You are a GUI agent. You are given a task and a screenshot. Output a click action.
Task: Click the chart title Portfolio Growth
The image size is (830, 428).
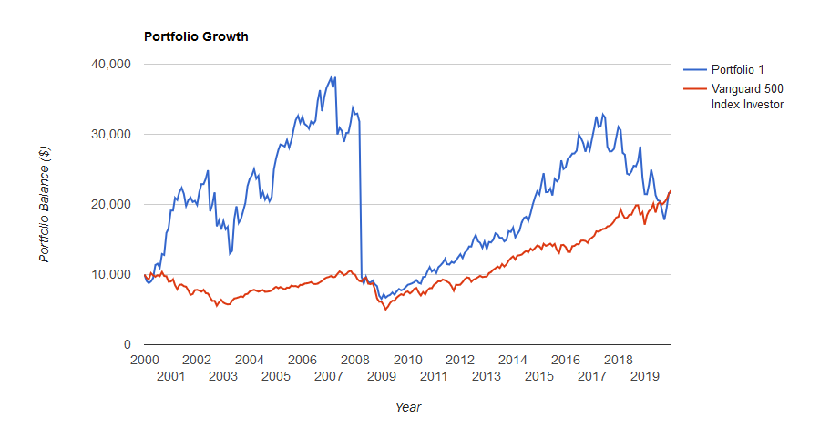point(196,37)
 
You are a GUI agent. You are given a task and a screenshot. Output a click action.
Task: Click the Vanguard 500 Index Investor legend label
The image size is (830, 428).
point(747,97)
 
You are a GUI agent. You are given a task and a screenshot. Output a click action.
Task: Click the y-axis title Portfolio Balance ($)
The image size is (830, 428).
point(45,205)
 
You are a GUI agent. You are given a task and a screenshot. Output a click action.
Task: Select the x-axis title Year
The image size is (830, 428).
point(407,407)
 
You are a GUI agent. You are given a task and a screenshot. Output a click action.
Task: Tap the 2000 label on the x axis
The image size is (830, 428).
point(144,360)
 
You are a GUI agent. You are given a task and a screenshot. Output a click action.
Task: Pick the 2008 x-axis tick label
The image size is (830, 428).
point(355,360)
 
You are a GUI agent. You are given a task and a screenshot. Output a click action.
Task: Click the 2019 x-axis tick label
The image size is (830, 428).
point(645,376)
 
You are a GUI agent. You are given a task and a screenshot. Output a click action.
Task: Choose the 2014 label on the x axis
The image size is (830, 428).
point(514,360)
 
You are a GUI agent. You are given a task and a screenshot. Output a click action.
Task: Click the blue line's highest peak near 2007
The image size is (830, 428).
point(334,76)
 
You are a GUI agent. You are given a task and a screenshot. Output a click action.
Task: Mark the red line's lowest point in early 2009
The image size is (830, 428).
point(385,310)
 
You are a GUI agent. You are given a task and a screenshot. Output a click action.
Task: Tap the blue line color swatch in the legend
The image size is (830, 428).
point(694,69)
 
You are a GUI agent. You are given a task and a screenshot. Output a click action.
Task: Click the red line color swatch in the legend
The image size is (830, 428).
point(694,89)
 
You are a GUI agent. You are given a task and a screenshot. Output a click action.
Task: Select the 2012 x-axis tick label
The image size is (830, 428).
point(461,360)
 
